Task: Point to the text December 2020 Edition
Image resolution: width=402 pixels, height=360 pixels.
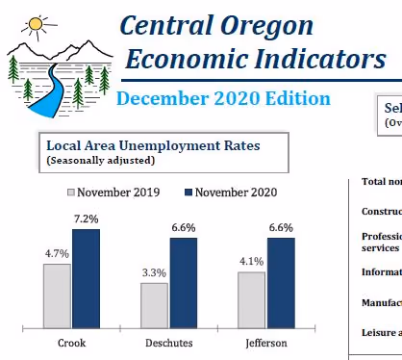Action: click(223, 98)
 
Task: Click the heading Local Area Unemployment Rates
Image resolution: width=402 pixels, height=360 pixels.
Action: click(153, 145)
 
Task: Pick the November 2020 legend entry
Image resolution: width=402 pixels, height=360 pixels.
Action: click(227, 193)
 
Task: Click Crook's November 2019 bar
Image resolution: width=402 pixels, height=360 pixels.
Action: click(57, 296)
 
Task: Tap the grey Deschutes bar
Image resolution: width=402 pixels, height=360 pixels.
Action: click(154, 305)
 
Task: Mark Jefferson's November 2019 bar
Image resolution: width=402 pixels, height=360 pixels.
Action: click(251, 299)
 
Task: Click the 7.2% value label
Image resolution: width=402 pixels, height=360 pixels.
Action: click(86, 219)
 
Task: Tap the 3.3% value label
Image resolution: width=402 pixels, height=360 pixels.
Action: click(154, 273)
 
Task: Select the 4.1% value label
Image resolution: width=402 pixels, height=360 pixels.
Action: click(251, 262)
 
